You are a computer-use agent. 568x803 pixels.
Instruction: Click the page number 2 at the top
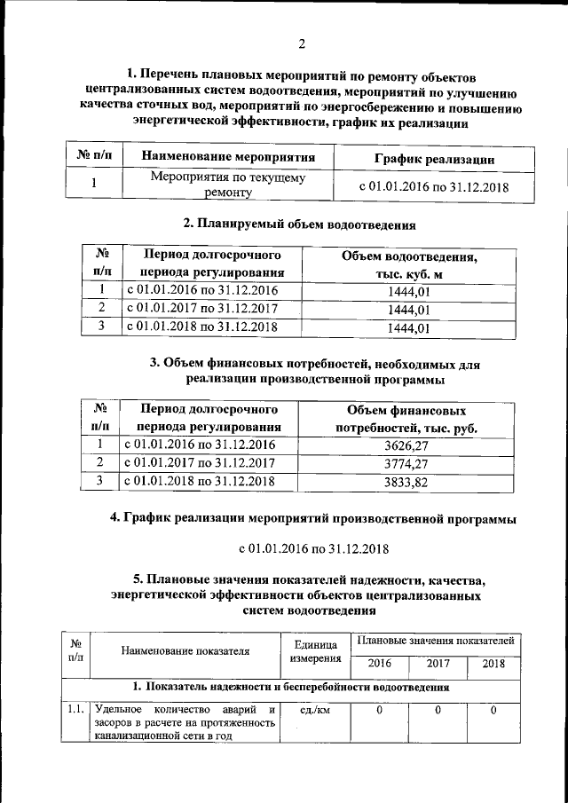(x=302, y=44)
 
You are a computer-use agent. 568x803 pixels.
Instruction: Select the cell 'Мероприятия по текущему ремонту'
(x=228, y=185)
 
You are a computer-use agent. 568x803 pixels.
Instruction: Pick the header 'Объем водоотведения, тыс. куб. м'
(x=409, y=264)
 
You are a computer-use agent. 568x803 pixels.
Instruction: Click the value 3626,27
(x=408, y=445)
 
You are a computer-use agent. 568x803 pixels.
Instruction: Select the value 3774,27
(x=408, y=464)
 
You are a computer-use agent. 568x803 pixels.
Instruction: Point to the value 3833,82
(x=408, y=483)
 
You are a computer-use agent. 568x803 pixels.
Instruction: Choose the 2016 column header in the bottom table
(x=380, y=664)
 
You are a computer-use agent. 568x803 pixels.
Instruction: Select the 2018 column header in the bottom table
(x=493, y=664)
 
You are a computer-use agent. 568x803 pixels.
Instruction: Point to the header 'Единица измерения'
(x=311, y=651)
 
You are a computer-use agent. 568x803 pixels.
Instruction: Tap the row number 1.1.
(x=75, y=711)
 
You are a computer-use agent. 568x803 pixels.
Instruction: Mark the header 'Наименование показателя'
(x=185, y=651)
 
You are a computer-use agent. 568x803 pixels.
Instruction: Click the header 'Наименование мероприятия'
(x=229, y=158)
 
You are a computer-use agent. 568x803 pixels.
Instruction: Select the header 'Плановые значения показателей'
(x=435, y=640)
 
